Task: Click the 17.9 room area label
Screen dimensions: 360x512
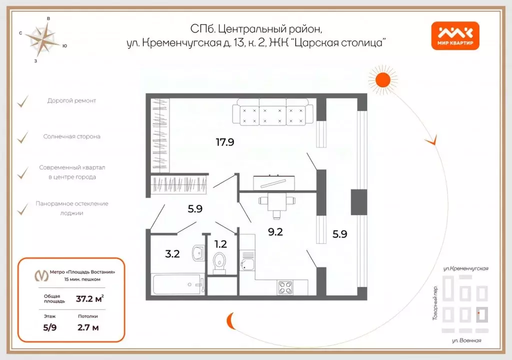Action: (x=225, y=142)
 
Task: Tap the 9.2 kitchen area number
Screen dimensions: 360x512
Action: (x=276, y=231)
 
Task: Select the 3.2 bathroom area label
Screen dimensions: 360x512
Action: (x=172, y=253)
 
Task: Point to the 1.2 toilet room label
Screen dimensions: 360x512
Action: (x=220, y=244)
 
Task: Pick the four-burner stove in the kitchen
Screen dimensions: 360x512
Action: (x=285, y=287)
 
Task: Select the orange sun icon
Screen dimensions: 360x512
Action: (x=382, y=80)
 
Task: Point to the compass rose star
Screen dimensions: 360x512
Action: (x=43, y=39)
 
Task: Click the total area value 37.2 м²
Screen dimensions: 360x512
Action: (x=89, y=299)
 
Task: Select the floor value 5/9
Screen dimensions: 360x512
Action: (x=49, y=328)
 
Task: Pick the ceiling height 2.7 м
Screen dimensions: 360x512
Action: (x=88, y=328)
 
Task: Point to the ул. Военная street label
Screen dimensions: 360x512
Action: (x=466, y=341)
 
